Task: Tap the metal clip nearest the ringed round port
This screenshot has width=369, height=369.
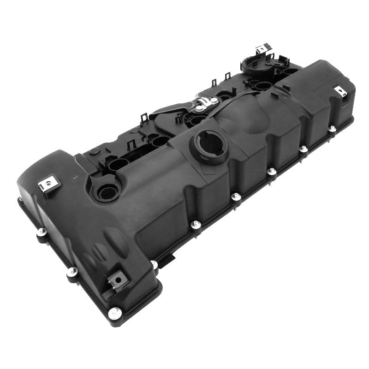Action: click(49, 185)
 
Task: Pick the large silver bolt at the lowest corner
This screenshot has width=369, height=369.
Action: click(113, 313)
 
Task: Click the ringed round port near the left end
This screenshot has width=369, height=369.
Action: click(107, 190)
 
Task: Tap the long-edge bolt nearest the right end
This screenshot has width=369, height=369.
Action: click(332, 129)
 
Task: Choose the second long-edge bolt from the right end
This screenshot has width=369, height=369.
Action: click(303, 149)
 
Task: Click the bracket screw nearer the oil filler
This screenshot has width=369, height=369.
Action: click(199, 108)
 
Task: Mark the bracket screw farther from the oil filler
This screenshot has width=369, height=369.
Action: click(214, 100)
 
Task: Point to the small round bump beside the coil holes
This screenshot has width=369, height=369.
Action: click(94, 152)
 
